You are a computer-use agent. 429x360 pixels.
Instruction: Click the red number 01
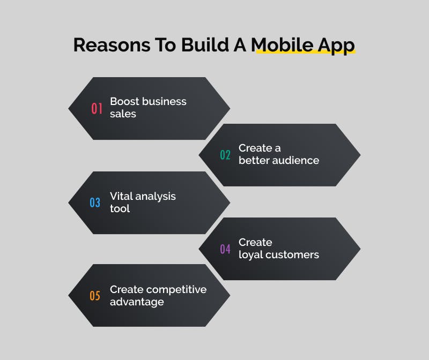coord(97,109)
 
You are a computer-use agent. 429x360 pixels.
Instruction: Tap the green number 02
coord(225,155)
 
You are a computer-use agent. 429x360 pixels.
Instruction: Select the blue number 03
coord(95,203)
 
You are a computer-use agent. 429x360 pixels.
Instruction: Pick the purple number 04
coord(225,249)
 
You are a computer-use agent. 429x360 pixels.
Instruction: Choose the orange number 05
coord(95,296)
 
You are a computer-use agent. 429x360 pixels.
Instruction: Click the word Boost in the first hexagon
coord(125,101)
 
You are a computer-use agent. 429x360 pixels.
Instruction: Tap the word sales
coord(123,114)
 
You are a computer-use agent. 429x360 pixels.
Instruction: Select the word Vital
coord(121,196)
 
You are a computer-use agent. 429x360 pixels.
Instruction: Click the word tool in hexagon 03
coord(120,208)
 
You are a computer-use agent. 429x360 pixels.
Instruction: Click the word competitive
coord(176,290)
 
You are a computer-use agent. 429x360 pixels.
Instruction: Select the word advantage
coord(137,302)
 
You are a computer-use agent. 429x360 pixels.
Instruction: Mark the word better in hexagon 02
coord(253,160)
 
